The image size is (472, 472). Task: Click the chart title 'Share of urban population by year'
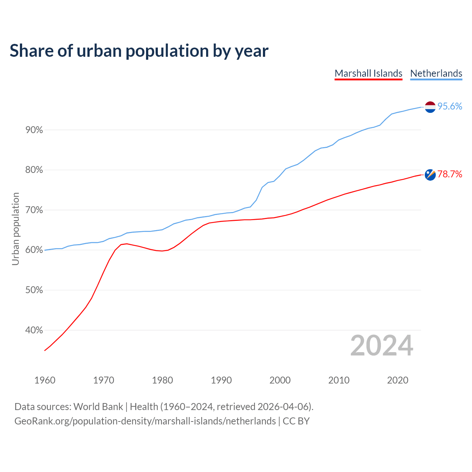139,51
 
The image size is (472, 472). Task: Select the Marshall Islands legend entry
368,73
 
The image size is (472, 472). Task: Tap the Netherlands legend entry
436,73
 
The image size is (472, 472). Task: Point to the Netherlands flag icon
430,107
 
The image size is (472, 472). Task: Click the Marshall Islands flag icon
430,175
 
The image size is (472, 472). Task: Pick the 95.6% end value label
450,107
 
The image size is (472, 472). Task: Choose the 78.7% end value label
450,174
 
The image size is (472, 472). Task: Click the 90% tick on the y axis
34,130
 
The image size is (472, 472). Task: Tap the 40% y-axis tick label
34,330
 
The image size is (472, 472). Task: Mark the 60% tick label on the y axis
34,250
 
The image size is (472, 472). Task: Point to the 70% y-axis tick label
34,210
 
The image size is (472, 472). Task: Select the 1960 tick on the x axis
45,380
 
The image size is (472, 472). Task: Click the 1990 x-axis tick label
221,380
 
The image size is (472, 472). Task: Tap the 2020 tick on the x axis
398,380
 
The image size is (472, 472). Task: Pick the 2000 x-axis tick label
280,380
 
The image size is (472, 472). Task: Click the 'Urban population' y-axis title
15,229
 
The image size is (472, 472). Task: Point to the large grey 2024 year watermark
382,346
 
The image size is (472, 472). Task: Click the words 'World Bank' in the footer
98,407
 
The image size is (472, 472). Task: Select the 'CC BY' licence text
296,421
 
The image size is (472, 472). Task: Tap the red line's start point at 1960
45,350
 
